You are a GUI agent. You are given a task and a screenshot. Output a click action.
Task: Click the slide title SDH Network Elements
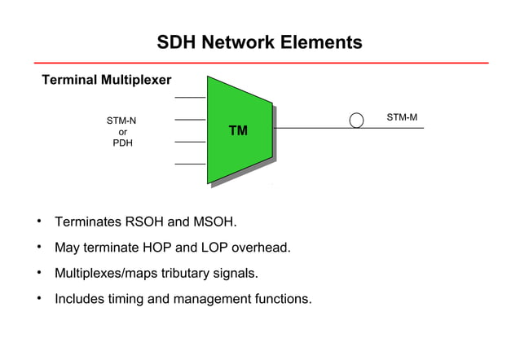tap(259, 42)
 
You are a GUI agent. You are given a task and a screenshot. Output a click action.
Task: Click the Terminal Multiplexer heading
tap(107, 81)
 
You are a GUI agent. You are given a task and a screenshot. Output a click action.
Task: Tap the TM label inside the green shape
tap(238, 130)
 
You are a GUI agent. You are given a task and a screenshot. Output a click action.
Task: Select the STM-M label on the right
tap(402, 117)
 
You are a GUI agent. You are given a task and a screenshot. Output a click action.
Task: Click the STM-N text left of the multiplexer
tap(121, 121)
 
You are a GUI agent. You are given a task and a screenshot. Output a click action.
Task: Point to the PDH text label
tap(122, 143)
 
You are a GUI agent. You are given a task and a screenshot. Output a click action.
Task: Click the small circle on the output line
tap(356, 121)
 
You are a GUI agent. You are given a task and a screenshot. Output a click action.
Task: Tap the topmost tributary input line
tap(190, 97)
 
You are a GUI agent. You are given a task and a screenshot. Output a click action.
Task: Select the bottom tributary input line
tap(190, 164)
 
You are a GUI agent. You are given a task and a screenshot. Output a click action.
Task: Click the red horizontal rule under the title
tap(261, 63)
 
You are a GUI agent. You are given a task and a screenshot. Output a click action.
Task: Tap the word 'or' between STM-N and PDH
tap(122, 132)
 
